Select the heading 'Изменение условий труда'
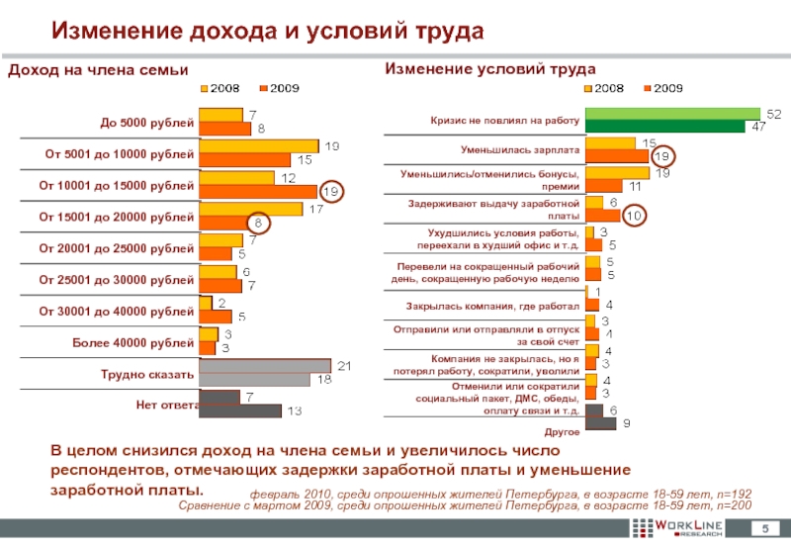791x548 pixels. pos(490,69)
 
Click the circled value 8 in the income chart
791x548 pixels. pos(259,224)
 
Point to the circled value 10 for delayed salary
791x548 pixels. pos(634,215)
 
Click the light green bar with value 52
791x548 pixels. pos(672,114)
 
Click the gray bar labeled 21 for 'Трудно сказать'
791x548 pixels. pos(265,366)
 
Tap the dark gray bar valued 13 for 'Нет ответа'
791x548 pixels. pos(241,411)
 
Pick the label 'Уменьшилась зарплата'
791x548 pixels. pos(518,149)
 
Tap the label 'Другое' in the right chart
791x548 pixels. pos(561,432)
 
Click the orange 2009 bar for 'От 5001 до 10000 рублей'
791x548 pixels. pos(244,159)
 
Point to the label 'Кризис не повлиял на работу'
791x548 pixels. pos(503,120)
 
